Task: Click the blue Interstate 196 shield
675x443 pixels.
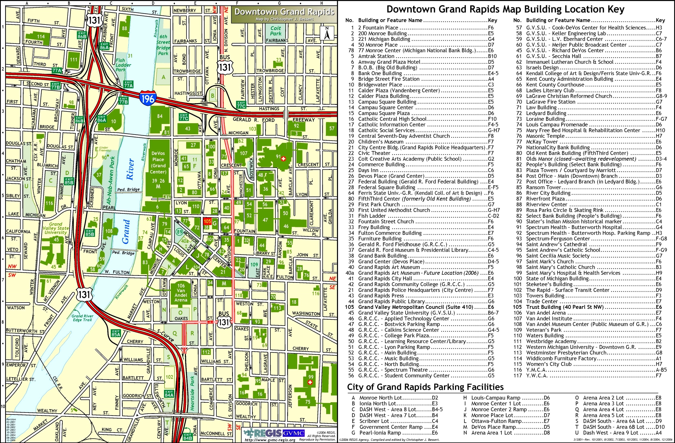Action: pos(148,98)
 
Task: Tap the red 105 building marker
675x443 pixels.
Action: pos(207,221)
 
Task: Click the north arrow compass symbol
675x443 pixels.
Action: pos(327,33)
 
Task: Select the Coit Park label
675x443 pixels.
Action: pos(275,31)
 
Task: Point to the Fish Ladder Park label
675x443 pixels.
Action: pos(123,65)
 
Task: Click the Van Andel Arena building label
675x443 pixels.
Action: pos(181,293)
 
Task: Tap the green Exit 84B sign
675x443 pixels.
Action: pos(188,436)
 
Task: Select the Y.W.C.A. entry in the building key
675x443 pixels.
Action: pos(536,375)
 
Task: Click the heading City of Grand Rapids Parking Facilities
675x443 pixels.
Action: pos(425,387)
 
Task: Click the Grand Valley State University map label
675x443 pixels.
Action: pos(56,228)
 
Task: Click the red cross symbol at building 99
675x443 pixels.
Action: pos(310,382)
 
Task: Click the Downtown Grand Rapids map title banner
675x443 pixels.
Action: pos(284,12)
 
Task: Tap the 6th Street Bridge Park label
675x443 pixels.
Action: pos(163,45)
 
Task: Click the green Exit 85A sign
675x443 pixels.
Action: pos(116,333)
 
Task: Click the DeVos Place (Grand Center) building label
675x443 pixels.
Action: pos(158,162)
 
